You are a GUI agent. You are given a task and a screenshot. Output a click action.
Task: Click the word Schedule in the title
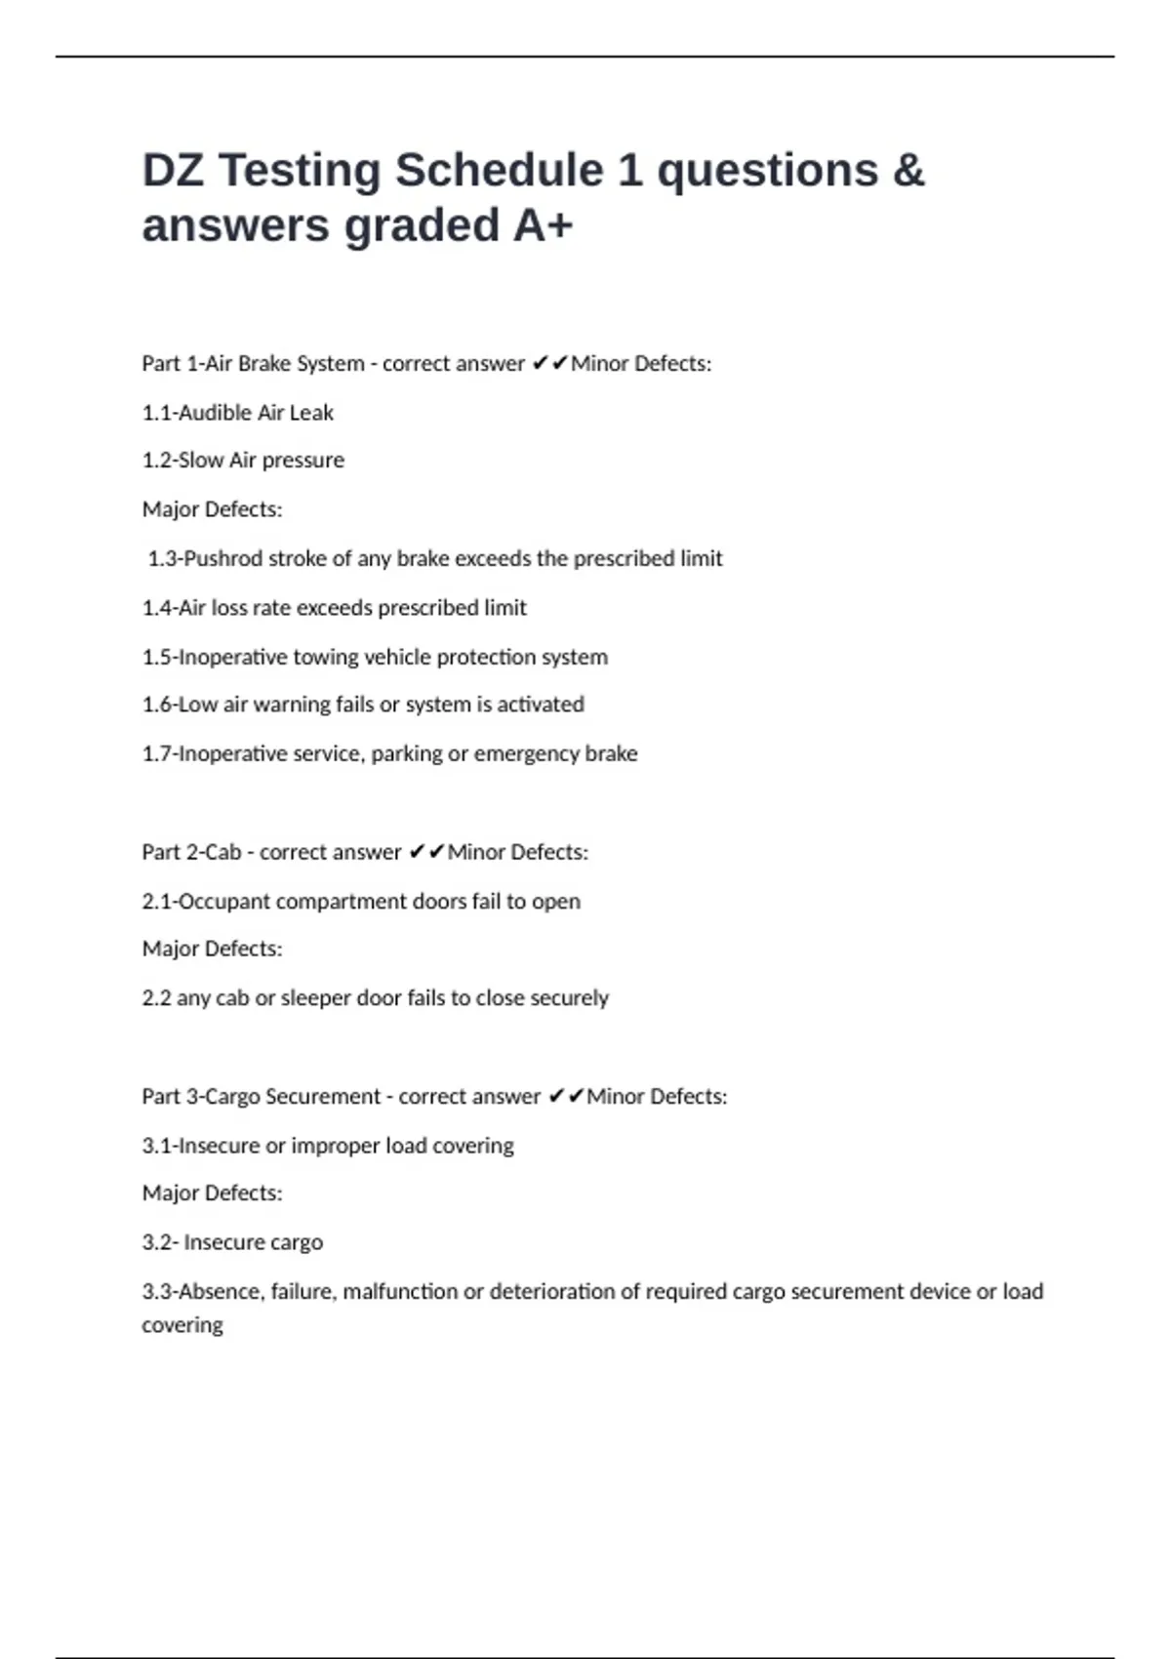click(498, 171)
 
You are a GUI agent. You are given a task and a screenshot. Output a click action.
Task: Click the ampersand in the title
click(908, 171)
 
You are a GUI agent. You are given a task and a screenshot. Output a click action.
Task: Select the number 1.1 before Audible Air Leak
click(156, 413)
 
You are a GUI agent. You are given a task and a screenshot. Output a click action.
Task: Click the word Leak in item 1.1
click(311, 413)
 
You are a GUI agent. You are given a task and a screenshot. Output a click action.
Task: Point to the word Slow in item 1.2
click(201, 460)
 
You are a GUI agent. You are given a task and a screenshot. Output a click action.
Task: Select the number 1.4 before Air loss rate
click(156, 608)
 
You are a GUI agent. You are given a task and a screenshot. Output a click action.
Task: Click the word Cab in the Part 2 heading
click(222, 852)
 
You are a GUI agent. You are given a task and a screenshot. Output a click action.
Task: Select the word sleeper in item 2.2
click(315, 998)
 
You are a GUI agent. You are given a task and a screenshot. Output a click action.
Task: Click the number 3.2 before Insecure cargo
click(158, 1242)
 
